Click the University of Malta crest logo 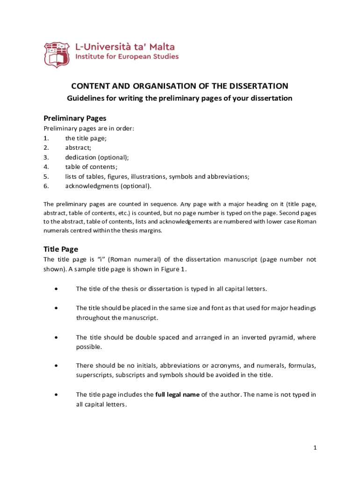(x=57, y=54)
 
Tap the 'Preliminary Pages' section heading (x=75, y=118)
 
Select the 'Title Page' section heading (x=61, y=249)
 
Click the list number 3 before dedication (x=46, y=158)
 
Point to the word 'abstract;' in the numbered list (x=78, y=148)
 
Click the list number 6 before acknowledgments (x=46, y=186)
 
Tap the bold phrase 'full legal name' (x=177, y=394)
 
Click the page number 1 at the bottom (x=315, y=448)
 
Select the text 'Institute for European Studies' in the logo (x=127, y=57)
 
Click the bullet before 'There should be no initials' (x=56, y=365)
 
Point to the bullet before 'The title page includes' (x=56, y=395)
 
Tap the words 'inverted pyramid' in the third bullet (x=267, y=337)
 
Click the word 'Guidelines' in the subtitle (x=85, y=98)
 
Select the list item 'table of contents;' (x=91, y=167)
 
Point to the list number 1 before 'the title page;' (x=46, y=138)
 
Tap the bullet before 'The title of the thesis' (x=56, y=289)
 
